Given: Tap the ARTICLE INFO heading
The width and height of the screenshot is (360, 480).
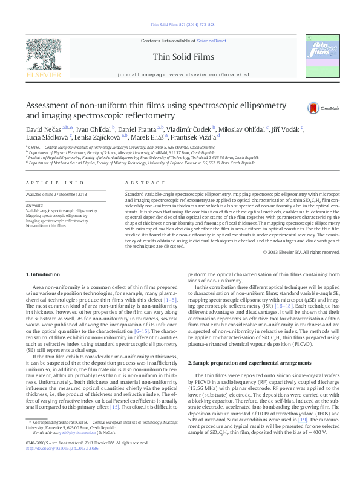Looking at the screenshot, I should [47, 183].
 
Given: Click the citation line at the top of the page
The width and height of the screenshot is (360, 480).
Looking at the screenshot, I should [179, 25].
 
